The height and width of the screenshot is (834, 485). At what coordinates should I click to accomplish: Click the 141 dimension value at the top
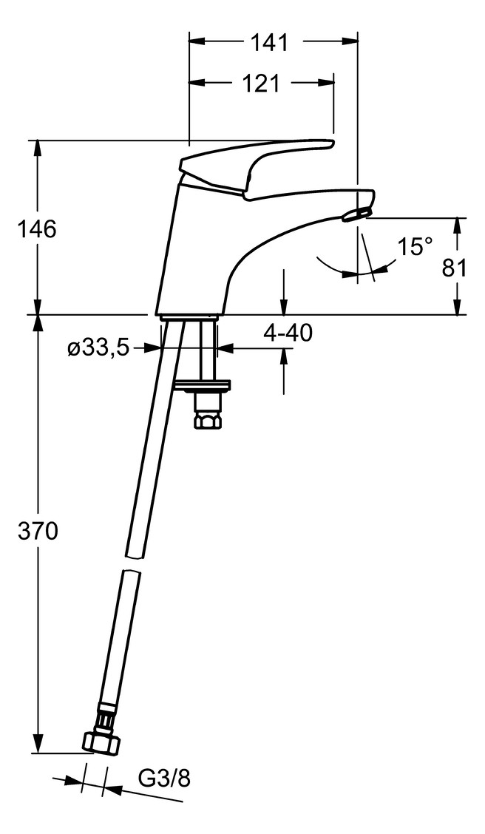coord(268,43)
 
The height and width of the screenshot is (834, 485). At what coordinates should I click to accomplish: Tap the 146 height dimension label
coord(37,228)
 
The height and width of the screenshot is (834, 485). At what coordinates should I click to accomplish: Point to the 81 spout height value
coord(455,267)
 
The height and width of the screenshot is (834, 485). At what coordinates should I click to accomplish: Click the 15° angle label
coord(414,247)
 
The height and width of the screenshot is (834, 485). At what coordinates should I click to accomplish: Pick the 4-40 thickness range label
coord(288,333)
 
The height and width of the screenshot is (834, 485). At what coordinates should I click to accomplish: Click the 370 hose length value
coord(37,530)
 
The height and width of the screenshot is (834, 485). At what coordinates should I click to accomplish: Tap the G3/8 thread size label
coord(164,779)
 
